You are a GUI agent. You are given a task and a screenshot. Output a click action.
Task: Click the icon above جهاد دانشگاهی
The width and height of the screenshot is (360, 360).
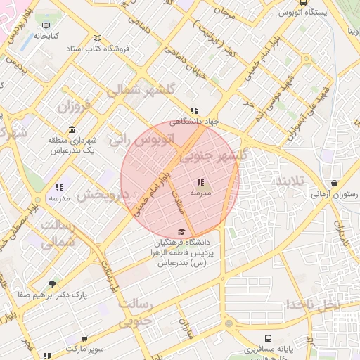[194, 110]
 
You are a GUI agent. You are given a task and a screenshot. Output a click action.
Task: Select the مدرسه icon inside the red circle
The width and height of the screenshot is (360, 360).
[200, 182]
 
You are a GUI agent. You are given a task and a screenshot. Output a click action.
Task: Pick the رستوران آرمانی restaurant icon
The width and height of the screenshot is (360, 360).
[334, 183]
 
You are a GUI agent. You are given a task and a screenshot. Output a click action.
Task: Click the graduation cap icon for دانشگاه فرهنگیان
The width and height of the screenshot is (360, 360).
[181, 232]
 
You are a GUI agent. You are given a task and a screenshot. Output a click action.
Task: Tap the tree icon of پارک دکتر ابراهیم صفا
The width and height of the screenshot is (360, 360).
[52, 284]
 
